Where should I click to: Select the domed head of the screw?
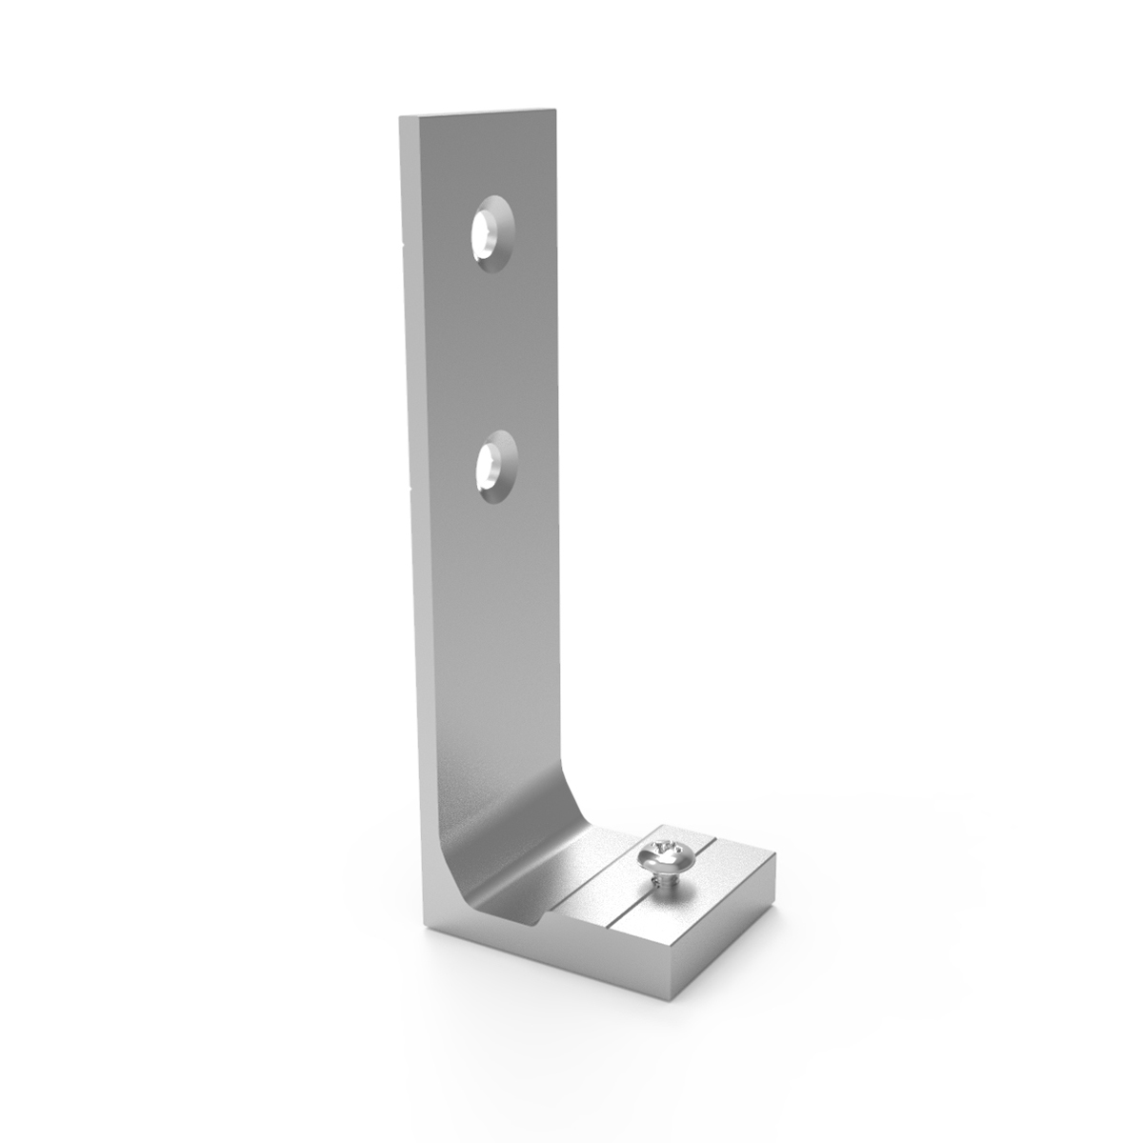point(662,852)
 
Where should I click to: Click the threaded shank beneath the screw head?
point(663,880)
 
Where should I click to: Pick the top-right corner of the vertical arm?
point(555,110)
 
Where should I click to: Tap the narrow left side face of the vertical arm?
point(414,476)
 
